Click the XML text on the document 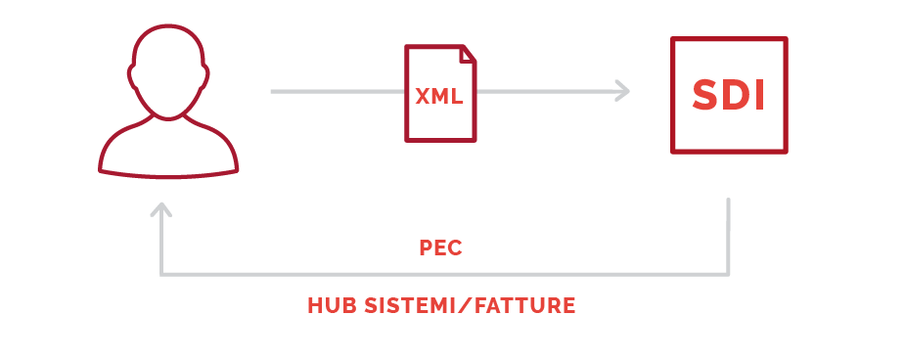[439, 96]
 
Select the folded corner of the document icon [468, 54]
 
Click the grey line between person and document [338, 91]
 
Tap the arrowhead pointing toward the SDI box [622, 91]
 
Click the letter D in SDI [739, 95]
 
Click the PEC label [440, 247]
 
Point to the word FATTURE [524, 305]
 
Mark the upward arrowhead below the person [161, 208]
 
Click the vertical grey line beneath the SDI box [728, 236]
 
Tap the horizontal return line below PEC [444, 274]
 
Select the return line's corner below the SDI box [728, 274]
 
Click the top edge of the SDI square [729, 39]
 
